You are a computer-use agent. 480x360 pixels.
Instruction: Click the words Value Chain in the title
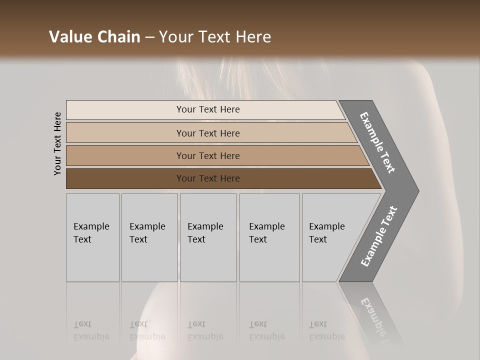pyautogui.click(x=94, y=37)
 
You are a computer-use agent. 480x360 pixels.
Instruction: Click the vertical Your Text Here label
pyautogui.click(x=57, y=144)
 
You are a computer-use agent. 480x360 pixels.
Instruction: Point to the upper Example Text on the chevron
pyautogui.click(x=377, y=142)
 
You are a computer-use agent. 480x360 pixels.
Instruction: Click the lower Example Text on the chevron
pyautogui.click(x=379, y=236)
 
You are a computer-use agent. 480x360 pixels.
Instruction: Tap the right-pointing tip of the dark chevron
pyautogui.click(x=415, y=190)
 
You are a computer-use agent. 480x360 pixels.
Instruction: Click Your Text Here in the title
pyautogui.click(x=215, y=37)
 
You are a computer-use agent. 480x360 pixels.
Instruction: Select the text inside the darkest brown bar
pyautogui.click(x=208, y=178)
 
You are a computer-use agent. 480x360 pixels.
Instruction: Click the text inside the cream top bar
pyautogui.click(x=208, y=109)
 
